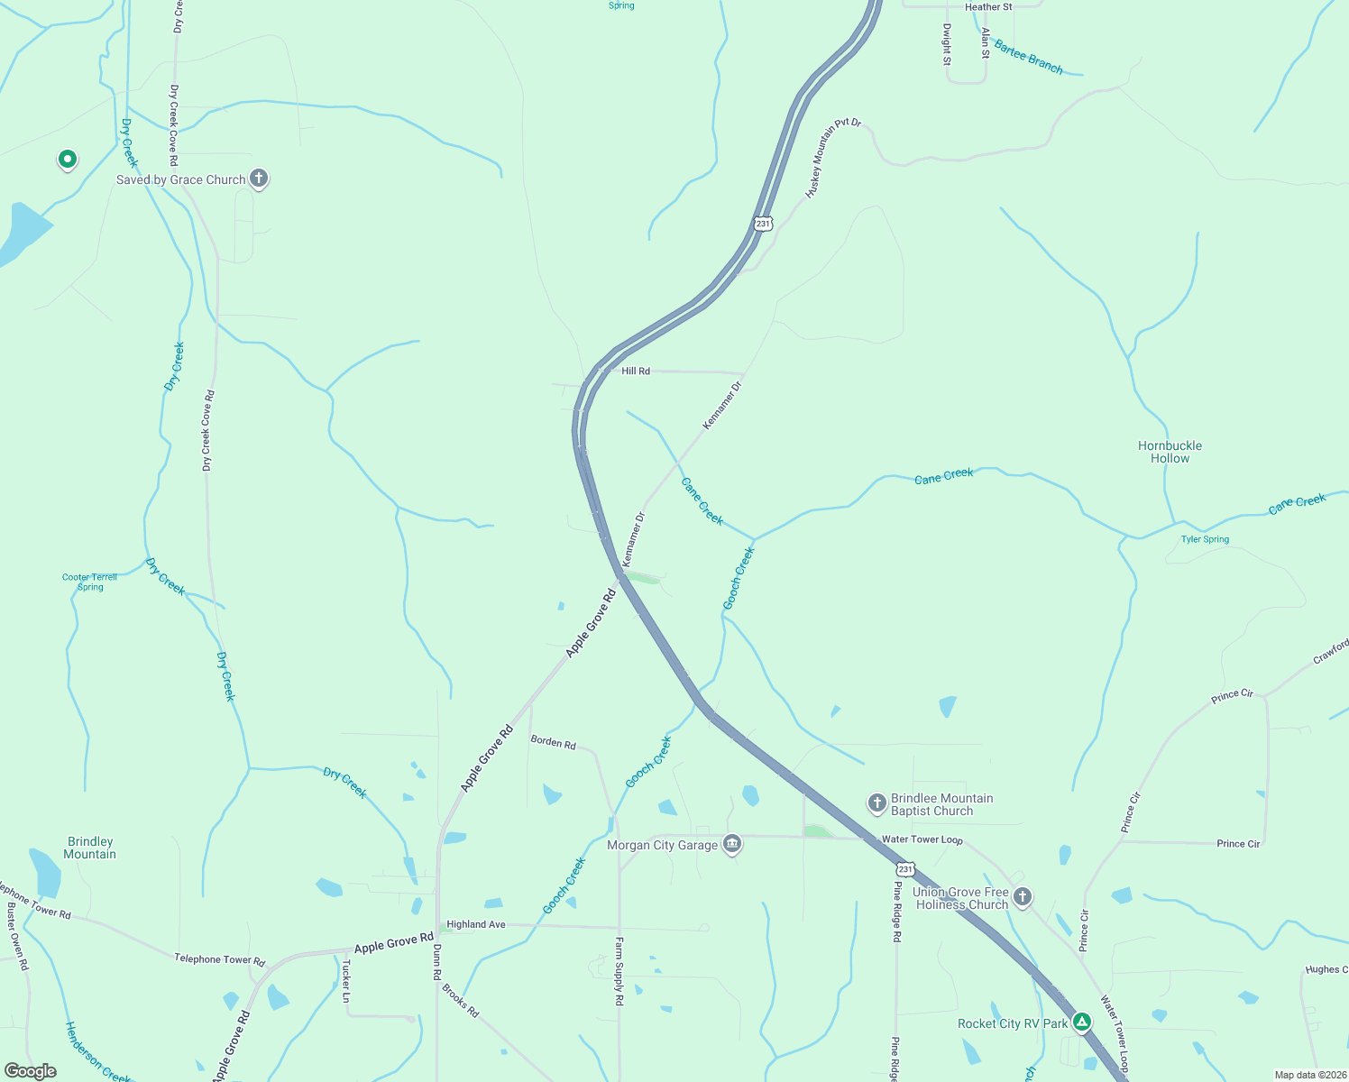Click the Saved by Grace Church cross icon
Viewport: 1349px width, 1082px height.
[259, 179]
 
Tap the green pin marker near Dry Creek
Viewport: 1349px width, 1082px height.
[67, 160]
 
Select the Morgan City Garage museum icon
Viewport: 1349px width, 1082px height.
[732, 844]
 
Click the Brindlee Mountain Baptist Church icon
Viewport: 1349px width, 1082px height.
[876, 803]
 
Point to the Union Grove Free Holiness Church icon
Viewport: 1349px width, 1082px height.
[1022, 897]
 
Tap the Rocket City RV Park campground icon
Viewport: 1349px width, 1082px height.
[1082, 1022]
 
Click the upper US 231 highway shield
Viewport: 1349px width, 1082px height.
[764, 223]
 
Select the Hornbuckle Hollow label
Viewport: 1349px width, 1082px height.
[1170, 452]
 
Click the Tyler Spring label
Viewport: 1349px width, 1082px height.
[1205, 539]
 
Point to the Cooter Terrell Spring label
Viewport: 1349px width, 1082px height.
[90, 582]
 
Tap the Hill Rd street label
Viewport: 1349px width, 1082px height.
[636, 371]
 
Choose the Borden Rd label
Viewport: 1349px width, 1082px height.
[553, 742]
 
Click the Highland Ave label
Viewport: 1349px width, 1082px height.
[476, 924]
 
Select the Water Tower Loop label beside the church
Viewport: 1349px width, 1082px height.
[922, 839]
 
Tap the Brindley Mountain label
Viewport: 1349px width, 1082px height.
[90, 848]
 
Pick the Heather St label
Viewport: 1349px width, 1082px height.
[988, 7]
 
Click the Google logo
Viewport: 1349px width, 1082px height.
[31, 1071]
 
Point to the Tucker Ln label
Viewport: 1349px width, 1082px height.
[345, 981]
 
